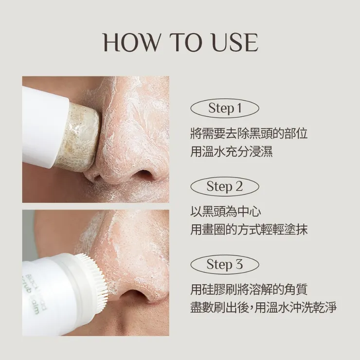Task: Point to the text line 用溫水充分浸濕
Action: point(231,151)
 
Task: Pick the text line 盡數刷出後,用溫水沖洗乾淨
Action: point(263,308)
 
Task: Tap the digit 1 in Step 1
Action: point(238,108)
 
